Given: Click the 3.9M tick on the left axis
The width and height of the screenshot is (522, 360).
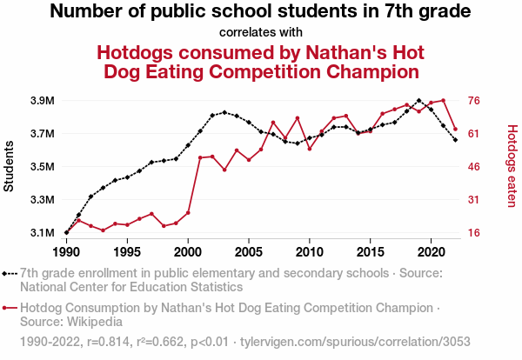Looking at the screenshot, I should pos(41,101).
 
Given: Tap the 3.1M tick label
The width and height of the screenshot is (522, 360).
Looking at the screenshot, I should pos(41,233).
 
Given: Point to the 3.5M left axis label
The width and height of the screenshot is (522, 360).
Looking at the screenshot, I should pos(41,167).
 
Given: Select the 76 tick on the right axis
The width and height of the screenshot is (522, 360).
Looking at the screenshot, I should pos(476,101).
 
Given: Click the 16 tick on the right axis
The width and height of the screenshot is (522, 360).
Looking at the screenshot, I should pos(476,233).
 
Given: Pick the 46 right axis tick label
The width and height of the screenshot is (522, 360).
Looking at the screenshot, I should pos(476,167).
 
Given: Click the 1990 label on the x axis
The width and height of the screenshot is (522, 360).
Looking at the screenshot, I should pos(66,252).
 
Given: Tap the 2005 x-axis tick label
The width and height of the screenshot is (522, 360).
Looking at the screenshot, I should pos(249,252).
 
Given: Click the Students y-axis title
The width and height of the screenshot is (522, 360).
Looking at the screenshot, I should pos(10,167).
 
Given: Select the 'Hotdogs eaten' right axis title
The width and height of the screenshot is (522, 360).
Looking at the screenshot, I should pos(512,166).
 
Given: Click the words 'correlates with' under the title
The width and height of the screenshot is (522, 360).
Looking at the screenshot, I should pos(261,33).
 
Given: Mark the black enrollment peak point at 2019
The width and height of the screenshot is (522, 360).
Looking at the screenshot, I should pos(419,100).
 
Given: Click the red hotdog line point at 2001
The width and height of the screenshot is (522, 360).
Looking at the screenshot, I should pos(200,157).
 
